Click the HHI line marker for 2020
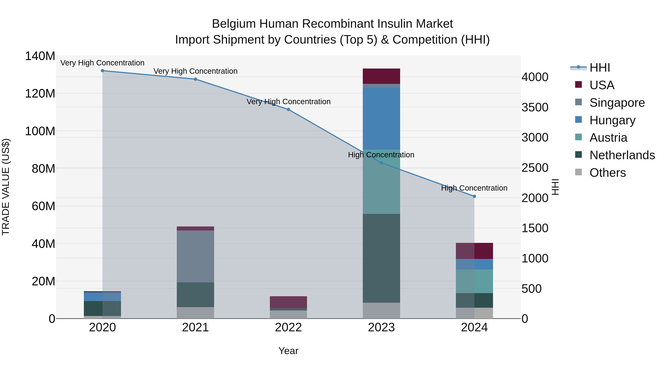tap(103, 71)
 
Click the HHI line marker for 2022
tap(288, 110)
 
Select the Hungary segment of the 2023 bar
tap(381, 119)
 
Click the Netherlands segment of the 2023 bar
tap(381, 258)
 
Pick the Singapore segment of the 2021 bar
tap(195, 256)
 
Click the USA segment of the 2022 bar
tap(288, 302)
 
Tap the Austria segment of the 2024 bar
tap(474, 281)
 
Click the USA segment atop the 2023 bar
tap(381, 76)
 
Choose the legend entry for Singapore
tap(617, 103)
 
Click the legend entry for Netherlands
tap(622, 155)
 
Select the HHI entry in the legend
tap(600, 68)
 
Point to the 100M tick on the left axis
tap(40, 131)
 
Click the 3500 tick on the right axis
tap(535, 107)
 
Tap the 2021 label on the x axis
tap(195, 327)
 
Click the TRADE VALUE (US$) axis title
tap(6, 187)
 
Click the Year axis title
tap(288, 351)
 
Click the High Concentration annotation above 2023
tap(381, 155)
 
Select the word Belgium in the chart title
tap(234, 24)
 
